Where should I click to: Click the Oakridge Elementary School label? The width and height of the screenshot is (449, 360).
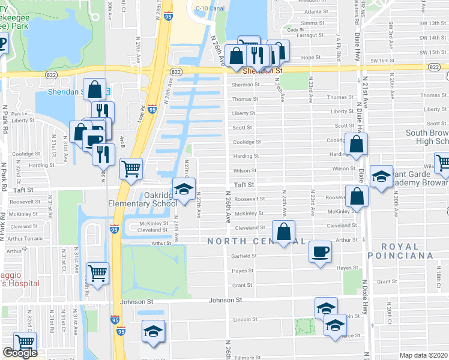click(161, 199)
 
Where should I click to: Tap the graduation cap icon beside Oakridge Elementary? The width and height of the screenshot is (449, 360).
click(184, 187)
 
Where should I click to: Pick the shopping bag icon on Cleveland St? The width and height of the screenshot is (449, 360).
click(284, 230)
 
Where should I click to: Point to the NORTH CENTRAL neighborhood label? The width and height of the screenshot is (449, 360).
click(256, 241)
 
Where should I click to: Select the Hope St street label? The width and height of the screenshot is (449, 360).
click(310, 58)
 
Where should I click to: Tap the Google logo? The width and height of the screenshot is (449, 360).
click(20, 353)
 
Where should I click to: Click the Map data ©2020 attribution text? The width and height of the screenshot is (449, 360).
click(424, 355)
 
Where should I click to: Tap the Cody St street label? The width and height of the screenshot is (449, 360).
click(295, 30)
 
